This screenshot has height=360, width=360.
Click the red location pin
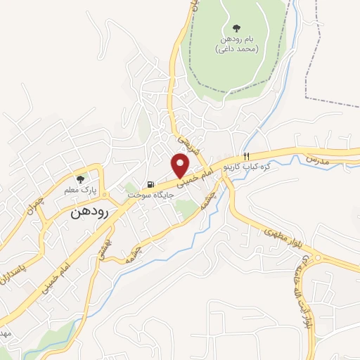click(181, 165)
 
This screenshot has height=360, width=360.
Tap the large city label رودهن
click(89, 213)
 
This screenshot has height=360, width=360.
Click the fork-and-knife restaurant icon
click(245, 155)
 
